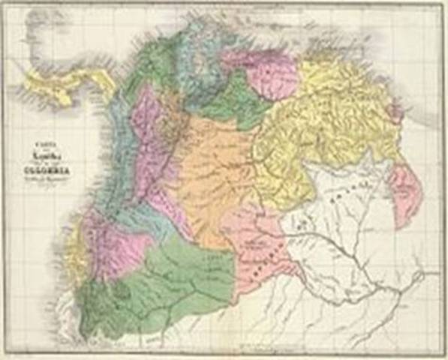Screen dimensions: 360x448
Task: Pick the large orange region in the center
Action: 214,172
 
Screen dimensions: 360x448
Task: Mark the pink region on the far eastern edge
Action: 406,195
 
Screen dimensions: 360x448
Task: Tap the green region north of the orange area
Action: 236,101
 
